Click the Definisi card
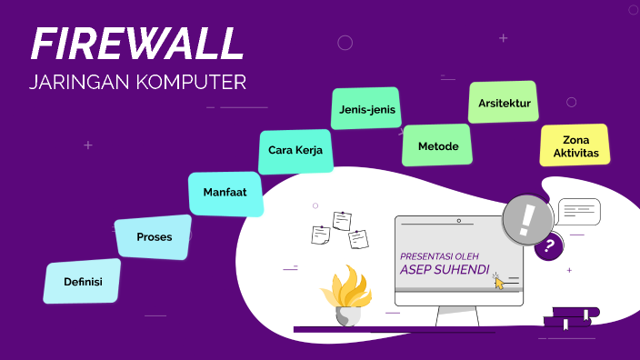point(82,282)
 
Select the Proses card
point(154,237)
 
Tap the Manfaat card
point(225,194)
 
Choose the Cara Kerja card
point(295,151)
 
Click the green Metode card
point(437,145)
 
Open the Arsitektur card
point(504,103)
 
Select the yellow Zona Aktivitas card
point(575,145)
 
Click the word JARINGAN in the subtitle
point(80,83)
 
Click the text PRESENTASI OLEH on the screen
point(439,255)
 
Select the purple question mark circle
point(548,245)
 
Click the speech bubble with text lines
point(579,212)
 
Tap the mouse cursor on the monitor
point(497,281)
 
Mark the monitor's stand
point(458,316)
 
